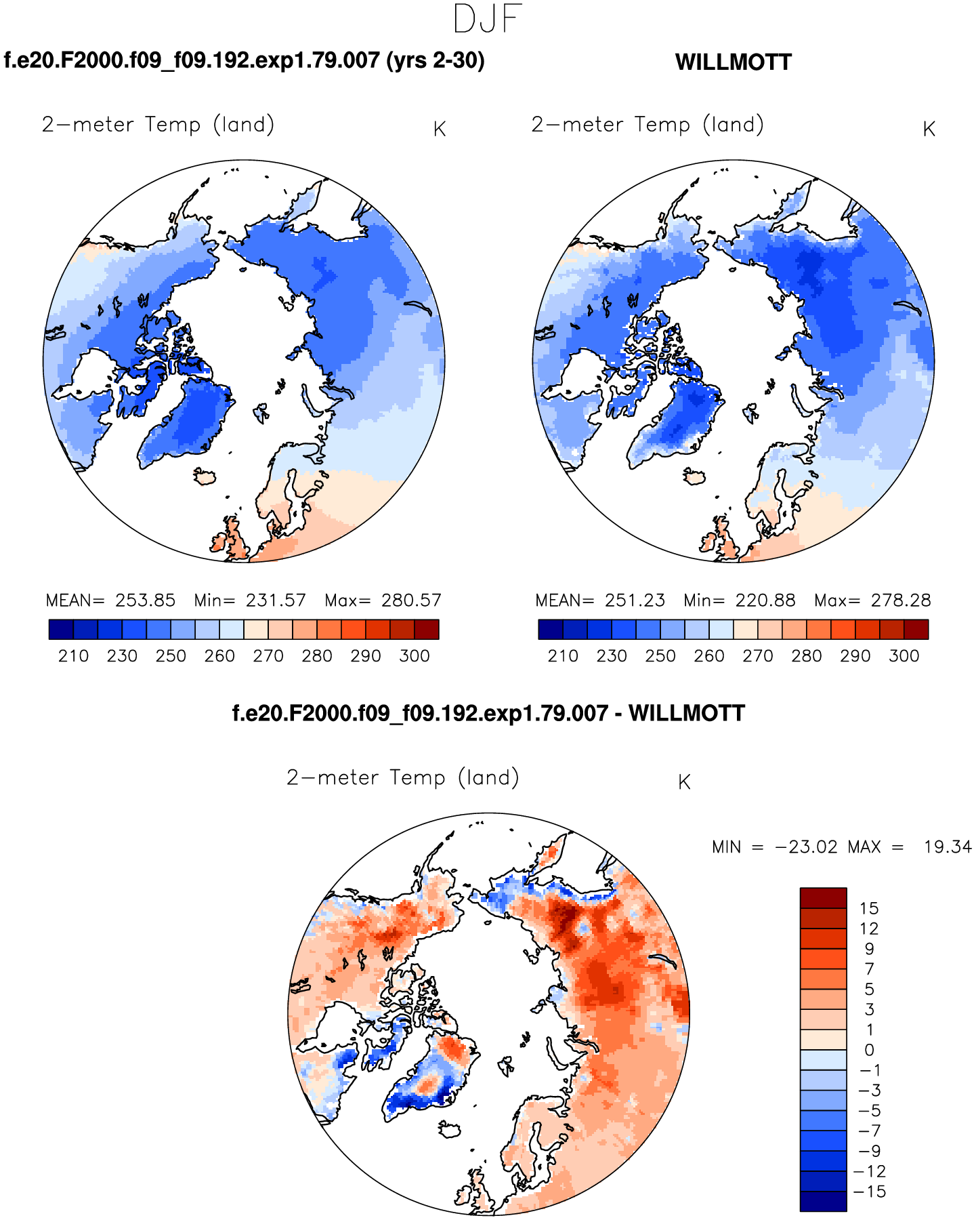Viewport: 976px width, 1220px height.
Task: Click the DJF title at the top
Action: point(488,19)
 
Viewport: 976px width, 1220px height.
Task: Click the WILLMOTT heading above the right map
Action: point(733,62)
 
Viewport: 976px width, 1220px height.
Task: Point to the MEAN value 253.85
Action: point(145,601)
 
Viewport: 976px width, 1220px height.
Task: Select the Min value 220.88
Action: point(765,601)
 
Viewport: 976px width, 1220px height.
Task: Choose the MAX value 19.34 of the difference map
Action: point(948,847)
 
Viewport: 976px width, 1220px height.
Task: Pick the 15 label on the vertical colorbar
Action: point(868,908)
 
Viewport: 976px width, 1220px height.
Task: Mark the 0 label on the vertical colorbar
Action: point(869,1050)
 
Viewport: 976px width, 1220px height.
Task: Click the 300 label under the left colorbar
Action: point(415,656)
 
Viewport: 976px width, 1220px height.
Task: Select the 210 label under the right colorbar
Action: point(563,656)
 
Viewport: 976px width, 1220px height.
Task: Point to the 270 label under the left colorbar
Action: point(268,656)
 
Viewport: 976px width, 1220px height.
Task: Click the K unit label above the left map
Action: point(440,129)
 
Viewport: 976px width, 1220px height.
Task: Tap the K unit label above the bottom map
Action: point(684,782)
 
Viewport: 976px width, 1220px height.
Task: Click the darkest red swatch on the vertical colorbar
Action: point(823,898)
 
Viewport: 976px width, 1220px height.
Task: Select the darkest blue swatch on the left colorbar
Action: point(61,630)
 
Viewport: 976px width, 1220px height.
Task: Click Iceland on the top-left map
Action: point(205,477)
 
